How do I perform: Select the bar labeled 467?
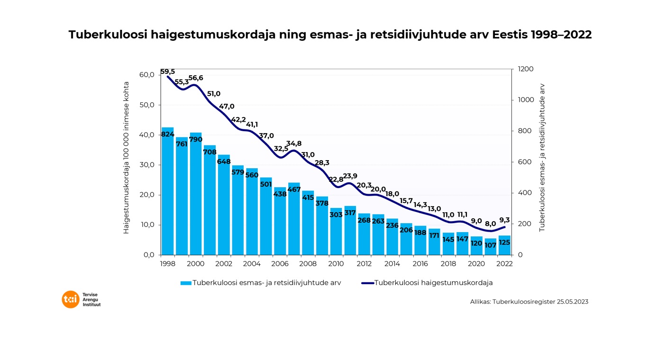pyautogui.click(x=294, y=218)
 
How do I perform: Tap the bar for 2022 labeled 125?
pyautogui.click(x=504, y=245)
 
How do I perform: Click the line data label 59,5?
pyautogui.click(x=167, y=72)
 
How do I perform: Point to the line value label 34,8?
pyautogui.click(x=294, y=144)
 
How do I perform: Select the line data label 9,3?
pyautogui.click(x=504, y=220)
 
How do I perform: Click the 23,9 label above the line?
pyautogui.click(x=350, y=176)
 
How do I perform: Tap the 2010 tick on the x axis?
pyautogui.click(x=336, y=264)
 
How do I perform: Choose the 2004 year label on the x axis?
pyautogui.click(x=252, y=264)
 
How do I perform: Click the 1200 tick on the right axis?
pyautogui.click(x=526, y=69)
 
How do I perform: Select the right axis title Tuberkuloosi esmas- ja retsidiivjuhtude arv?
pyautogui.click(x=542, y=158)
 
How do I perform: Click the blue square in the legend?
pyautogui.click(x=186, y=283)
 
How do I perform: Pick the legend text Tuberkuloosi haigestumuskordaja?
pyautogui.click(x=433, y=283)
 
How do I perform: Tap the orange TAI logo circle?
pyautogui.click(x=71, y=299)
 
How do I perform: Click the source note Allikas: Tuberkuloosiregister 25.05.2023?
pyautogui.click(x=529, y=301)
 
